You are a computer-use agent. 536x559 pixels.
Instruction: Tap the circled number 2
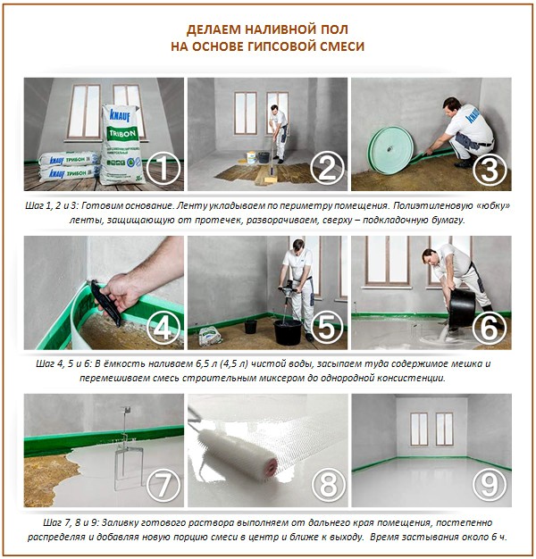[x=327, y=165]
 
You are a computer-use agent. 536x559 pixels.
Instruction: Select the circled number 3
[x=490, y=165]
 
